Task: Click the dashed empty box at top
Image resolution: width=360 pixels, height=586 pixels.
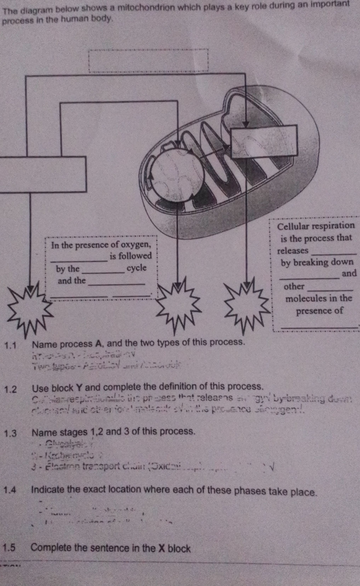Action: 148,61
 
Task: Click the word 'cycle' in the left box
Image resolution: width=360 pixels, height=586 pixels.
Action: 136,268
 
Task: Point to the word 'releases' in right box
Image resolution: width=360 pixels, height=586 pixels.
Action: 292,251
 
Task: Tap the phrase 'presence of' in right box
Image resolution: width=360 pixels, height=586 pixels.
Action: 319,311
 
